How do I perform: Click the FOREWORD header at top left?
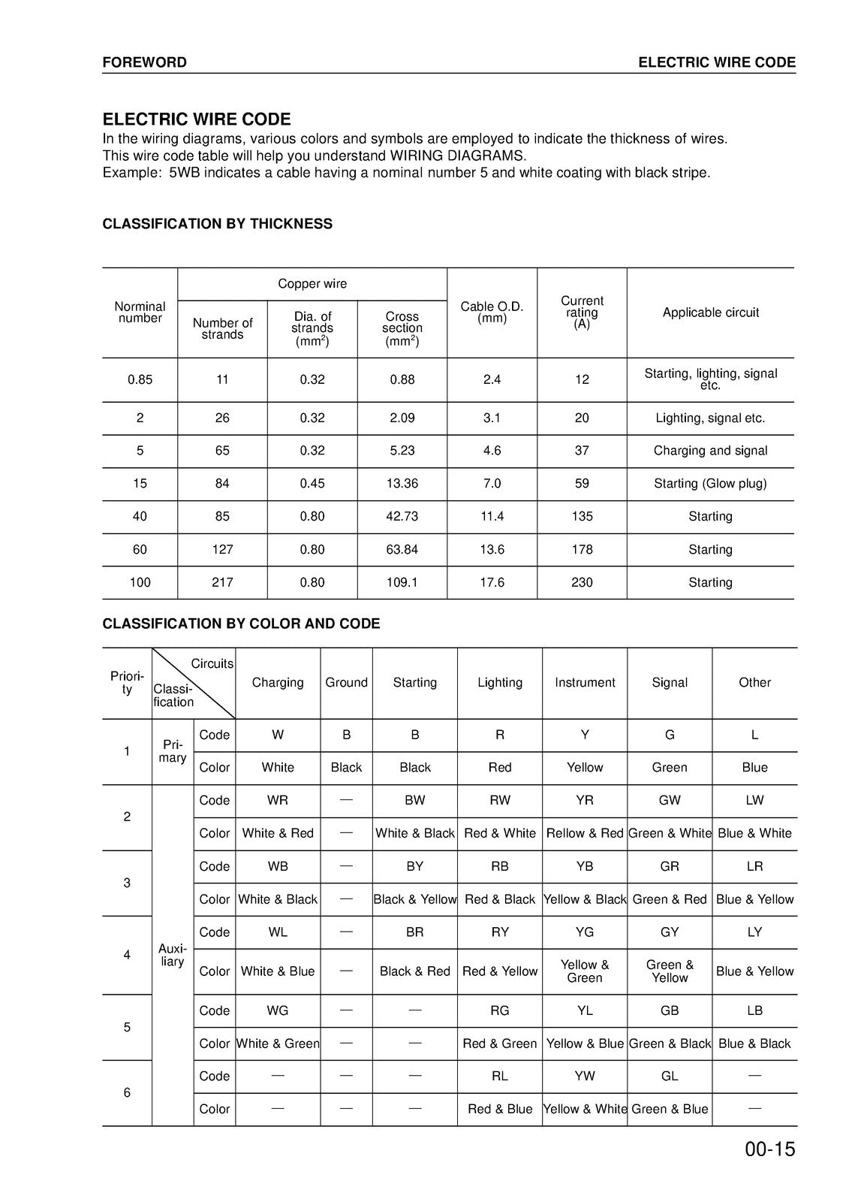144,62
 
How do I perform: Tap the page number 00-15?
769,1149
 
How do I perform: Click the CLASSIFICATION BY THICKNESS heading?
217,224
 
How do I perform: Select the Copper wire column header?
312,284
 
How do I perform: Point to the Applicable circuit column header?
710,313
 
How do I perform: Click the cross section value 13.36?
402,484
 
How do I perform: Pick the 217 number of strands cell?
222,582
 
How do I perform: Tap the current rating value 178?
582,549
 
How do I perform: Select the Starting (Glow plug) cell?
710,484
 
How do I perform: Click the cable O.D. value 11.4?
492,517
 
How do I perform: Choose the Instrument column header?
585,683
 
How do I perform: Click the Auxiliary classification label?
172,955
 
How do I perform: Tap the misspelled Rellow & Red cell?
585,833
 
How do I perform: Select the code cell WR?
278,800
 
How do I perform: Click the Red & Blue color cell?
500,1109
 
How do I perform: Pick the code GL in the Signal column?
670,1076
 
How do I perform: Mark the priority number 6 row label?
127,1092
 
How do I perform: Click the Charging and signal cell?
710,451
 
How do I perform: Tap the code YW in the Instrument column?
585,1076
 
